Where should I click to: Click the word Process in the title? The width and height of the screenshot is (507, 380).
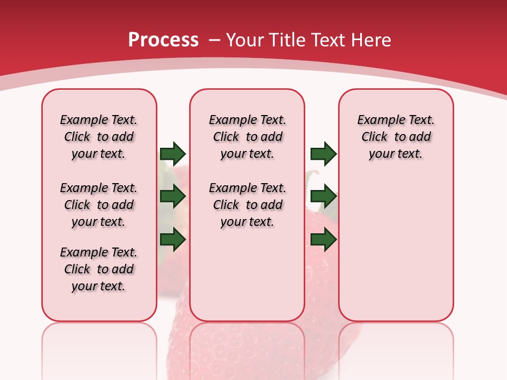(x=163, y=40)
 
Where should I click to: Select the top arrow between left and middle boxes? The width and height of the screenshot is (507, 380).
(x=173, y=154)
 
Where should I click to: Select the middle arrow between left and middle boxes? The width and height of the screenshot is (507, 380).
(x=173, y=196)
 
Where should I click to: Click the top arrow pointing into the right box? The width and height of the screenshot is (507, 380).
(x=323, y=154)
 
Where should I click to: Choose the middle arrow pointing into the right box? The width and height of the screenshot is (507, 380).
(x=323, y=196)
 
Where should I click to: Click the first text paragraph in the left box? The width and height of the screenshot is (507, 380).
(x=99, y=137)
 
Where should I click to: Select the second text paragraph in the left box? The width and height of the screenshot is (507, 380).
(x=99, y=205)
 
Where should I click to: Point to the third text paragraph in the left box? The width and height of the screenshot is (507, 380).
(x=99, y=269)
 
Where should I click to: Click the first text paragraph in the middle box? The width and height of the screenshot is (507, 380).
(x=247, y=137)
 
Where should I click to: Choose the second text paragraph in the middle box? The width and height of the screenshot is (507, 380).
(x=247, y=205)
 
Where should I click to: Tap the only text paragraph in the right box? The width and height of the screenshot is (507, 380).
(x=396, y=137)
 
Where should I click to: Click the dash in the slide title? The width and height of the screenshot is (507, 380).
(x=214, y=40)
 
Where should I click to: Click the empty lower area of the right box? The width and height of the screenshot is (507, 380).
(x=396, y=248)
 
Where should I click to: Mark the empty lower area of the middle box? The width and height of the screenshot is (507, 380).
(x=247, y=274)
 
